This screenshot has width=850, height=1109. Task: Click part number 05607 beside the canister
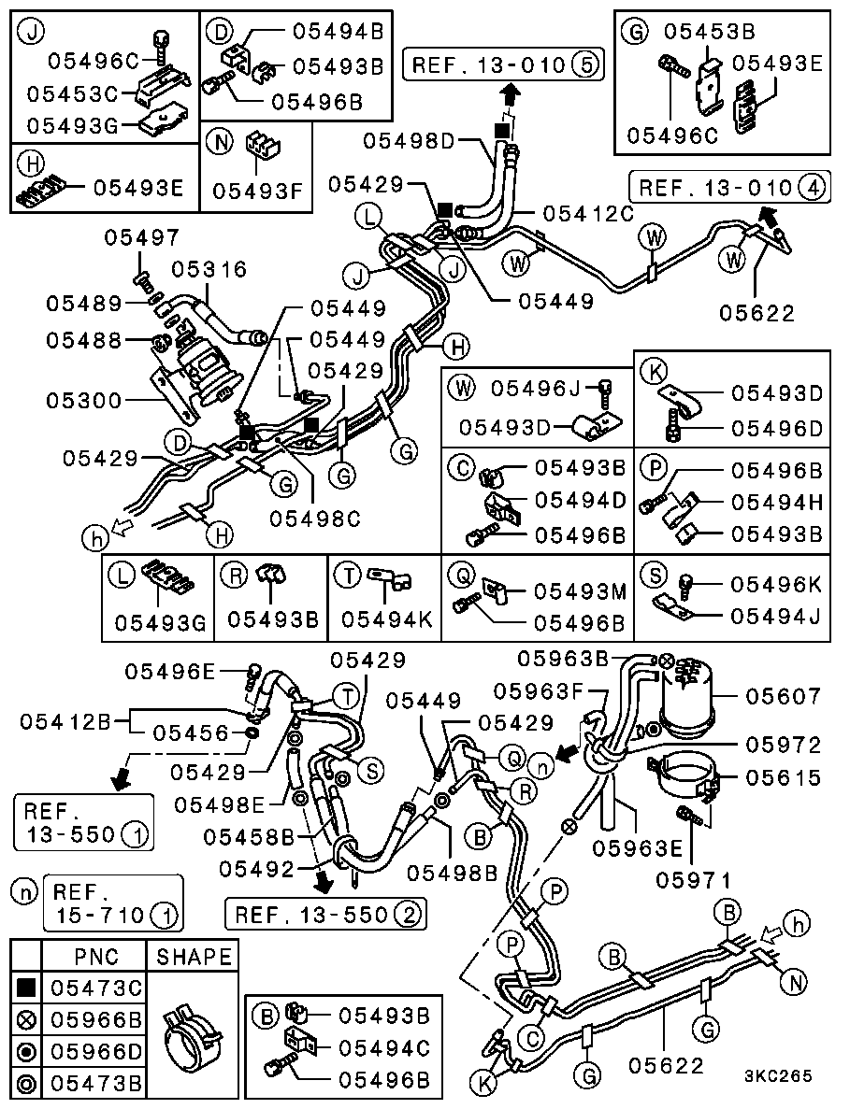click(783, 696)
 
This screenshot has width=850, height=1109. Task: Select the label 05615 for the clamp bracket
click(783, 777)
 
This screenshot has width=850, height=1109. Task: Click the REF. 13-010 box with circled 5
click(503, 65)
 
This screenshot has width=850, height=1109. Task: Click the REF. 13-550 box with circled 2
click(324, 914)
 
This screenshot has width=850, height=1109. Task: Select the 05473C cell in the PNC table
click(95, 987)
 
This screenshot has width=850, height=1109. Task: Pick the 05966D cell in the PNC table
click(95, 1052)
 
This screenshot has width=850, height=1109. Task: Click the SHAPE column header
click(194, 957)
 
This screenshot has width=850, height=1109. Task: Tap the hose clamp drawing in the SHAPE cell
click(193, 1034)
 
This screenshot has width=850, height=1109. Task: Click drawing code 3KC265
click(779, 1076)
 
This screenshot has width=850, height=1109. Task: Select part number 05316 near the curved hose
click(209, 270)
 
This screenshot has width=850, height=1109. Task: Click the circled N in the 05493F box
click(220, 143)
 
